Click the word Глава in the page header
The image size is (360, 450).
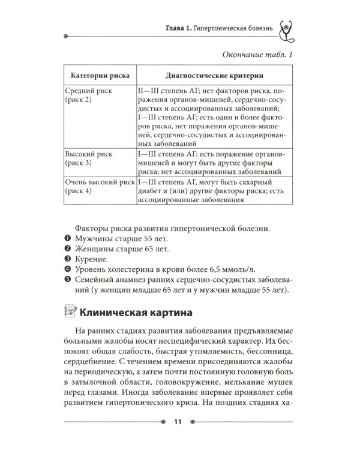pyautogui.click(x=178, y=28)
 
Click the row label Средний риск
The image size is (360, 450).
pyautogui.click(x=88, y=90)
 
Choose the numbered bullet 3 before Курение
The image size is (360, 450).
pyautogui.click(x=68, y=260)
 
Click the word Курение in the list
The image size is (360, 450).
pyautogui.click(x=92, y=260)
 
